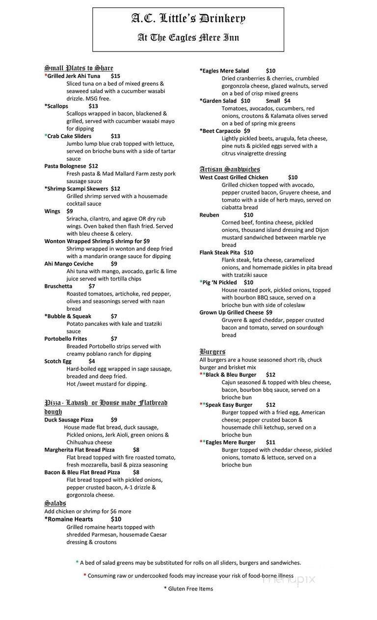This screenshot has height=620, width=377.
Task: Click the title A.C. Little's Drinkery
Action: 188,19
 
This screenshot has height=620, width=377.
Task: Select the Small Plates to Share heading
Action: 79,68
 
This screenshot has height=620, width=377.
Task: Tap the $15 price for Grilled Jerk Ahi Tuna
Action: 115,76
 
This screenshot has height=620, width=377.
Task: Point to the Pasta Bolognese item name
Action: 65,166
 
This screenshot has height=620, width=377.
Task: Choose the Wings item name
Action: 52,211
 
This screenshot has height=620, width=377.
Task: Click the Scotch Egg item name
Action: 58,361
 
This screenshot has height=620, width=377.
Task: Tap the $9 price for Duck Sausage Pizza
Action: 114,420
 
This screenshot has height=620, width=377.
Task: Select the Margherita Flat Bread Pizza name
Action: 80,449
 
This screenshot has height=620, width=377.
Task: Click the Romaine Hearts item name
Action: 70,519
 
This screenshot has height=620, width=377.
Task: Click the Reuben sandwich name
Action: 209,215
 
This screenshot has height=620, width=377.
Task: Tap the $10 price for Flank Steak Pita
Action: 262,252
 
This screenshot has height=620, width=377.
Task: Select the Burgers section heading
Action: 213,351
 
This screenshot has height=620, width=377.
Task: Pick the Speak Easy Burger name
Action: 229,405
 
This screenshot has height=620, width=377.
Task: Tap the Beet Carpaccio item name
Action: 221,131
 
